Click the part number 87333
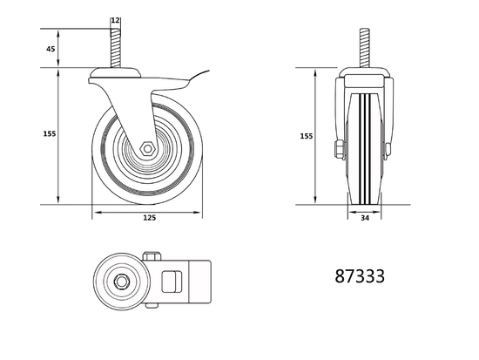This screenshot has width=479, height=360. coord(359,277)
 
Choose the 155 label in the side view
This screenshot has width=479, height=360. coord(49,133)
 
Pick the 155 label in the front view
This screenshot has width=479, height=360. coord(305,137)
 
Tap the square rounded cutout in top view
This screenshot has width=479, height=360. coord(172,282)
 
